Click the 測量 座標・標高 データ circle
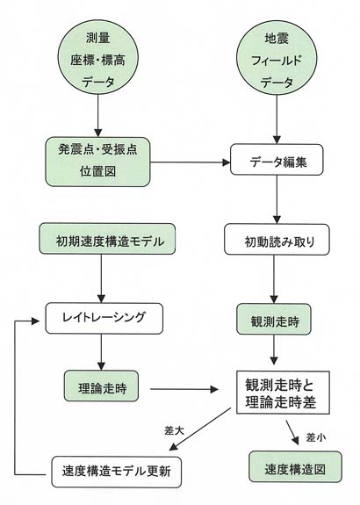(x=97, y=60)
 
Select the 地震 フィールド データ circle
(x=277, y=60)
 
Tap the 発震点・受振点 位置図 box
(x=97, y=162)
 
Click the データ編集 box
(x=277, y=160)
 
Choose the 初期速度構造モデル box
(x=107, y=239)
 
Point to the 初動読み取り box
(x=277, y=240)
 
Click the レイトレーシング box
(x=104, y=318)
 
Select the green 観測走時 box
(x=274, y=319)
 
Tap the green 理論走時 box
(x=101, y=386)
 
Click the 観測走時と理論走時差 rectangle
(x=283, y=393)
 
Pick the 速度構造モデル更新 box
(x=116, y=472)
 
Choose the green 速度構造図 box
(x=295, y=467)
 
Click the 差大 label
(x=174, y=430)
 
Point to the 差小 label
(x=316, y=437)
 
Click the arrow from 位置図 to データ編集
(x=191, y=162)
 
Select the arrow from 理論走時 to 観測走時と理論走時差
(x=184, y=389)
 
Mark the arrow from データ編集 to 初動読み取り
(x=277, y=199)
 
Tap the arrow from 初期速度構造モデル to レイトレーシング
(x=101, y=278)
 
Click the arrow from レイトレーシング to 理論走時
(x=101, y=352)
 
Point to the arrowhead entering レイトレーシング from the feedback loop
(x=35, y=321)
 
